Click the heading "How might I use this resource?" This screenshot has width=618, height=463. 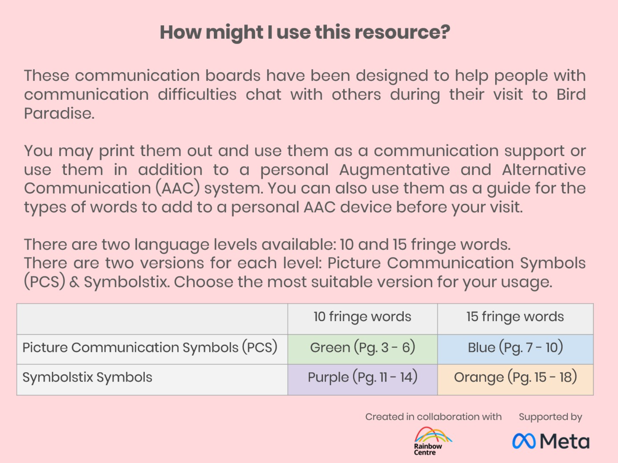click(305, 32)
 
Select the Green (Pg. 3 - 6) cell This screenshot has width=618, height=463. click(363, 349)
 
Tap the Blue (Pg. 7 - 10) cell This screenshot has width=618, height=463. click(515, 349)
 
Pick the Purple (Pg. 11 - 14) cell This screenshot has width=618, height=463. click(363, 380)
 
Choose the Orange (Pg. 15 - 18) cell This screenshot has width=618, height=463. click(515, 380)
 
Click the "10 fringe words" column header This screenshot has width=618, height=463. click(363, 319)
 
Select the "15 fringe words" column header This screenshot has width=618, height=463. click(515, 319)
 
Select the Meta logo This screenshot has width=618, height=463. click(551, 441)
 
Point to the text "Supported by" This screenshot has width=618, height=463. click(550, 417)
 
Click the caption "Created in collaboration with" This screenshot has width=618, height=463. click(433, 417)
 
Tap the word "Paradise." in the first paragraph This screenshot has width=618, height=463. click(59, 113)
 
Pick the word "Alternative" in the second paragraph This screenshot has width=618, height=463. click(544, 170)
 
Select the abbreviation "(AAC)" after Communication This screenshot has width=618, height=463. click(178, 188)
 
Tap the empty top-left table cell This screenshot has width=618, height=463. click(152, 319)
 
